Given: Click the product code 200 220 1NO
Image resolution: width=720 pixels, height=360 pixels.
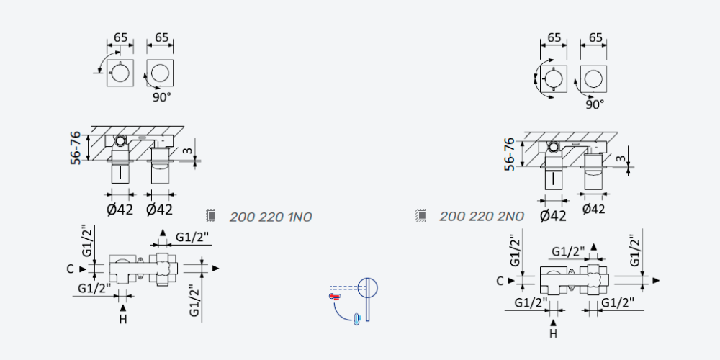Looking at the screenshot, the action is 271,217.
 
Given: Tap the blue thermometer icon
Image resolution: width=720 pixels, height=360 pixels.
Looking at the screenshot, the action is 356,319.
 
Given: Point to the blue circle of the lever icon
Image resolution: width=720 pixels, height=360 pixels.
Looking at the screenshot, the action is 368,288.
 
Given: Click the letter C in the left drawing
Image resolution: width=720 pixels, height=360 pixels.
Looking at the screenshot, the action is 70,269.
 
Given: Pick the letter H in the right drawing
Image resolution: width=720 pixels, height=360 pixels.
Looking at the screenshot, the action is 553,333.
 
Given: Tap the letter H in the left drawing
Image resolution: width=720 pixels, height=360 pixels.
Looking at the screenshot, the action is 123,319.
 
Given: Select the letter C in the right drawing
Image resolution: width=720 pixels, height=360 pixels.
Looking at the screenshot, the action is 500,281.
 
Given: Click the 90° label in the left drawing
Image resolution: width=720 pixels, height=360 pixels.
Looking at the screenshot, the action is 161,97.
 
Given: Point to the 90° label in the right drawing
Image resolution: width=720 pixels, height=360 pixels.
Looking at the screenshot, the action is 595,104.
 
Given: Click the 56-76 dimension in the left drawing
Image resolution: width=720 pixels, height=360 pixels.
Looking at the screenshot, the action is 76,148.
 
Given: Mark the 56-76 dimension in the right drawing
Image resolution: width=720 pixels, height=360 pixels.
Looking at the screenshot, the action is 509,154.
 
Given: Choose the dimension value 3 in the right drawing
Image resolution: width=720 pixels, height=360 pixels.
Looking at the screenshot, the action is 621,158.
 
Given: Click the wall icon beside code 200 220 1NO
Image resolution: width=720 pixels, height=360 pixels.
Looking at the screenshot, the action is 211,215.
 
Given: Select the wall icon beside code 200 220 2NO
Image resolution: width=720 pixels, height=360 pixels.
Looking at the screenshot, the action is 420,215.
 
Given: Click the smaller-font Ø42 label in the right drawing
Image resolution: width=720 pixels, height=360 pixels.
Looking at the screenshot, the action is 594,210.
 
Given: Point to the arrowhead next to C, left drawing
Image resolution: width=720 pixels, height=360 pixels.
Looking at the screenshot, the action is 83,269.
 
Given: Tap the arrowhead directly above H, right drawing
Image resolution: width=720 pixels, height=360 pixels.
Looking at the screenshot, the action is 553,322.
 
